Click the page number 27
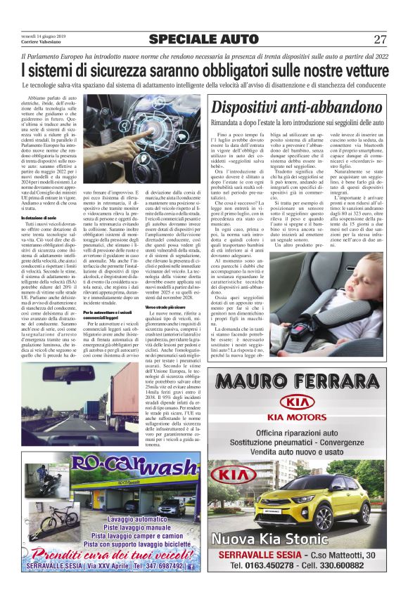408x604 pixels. click(380, 39)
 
